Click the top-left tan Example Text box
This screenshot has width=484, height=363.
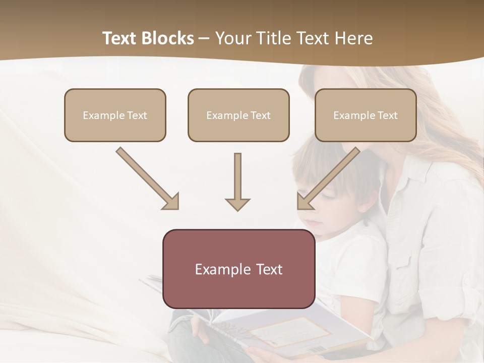point(115,115)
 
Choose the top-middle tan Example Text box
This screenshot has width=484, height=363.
point(238,115)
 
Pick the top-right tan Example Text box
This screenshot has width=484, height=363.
point(366,115)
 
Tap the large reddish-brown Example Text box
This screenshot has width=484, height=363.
point(238,269)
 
